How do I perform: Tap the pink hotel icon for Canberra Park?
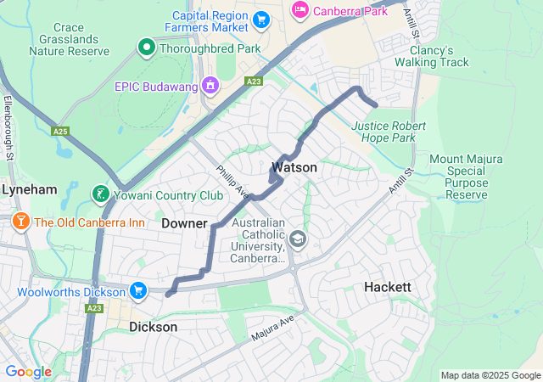[x=300, y=10]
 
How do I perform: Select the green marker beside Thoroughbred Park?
[x=146, y=48]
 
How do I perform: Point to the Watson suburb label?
[x=294, y=168]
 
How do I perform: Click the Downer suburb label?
[x=184, y=223]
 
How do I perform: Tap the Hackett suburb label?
[x=388, y=287]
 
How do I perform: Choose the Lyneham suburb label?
[x=28, y=190]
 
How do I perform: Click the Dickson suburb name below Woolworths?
[x=154, y=327]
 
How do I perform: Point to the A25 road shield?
[x=59, y=132]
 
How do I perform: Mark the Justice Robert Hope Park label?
[x=389, y=132]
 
